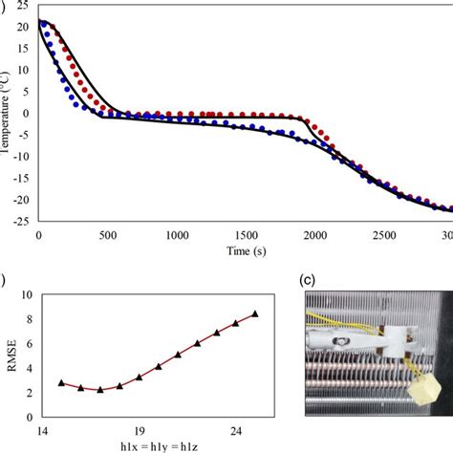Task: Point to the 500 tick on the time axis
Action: (107, 234)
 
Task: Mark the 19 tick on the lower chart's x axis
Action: (139, 430)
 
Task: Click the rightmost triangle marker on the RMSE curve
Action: (255, 313)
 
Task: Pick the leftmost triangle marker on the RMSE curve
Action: (61, 382)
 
